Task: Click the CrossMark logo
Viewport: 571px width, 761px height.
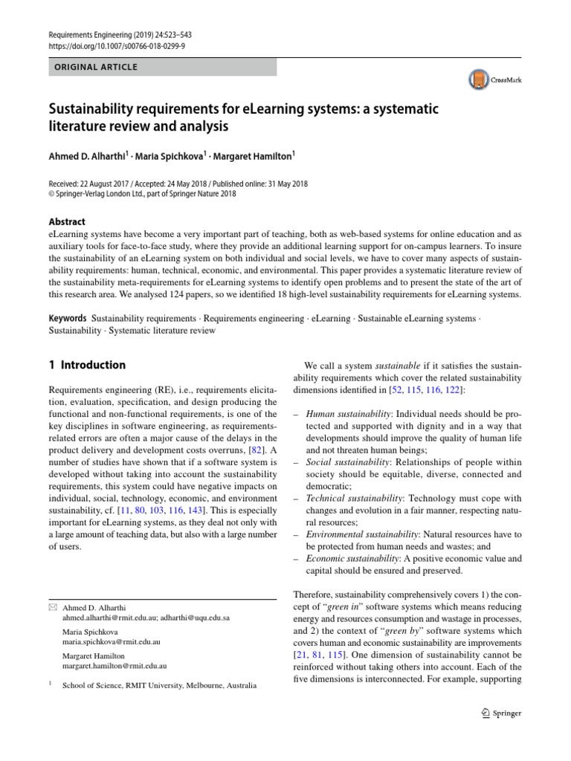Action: tap(494, 80)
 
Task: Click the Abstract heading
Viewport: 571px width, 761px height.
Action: tap(67, 221)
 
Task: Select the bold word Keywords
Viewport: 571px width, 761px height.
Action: tap(68, 318)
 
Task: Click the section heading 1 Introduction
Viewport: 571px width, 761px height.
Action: tap(87, 365)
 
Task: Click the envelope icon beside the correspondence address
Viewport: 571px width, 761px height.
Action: tap(52, 607)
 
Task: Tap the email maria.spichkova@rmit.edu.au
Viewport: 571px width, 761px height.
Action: tap(112, 641)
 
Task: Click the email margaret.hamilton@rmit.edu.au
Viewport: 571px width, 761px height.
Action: tap(114, 667)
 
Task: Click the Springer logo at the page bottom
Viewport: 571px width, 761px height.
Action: tap(501, 713)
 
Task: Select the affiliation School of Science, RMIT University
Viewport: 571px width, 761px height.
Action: tap(159, 685)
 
